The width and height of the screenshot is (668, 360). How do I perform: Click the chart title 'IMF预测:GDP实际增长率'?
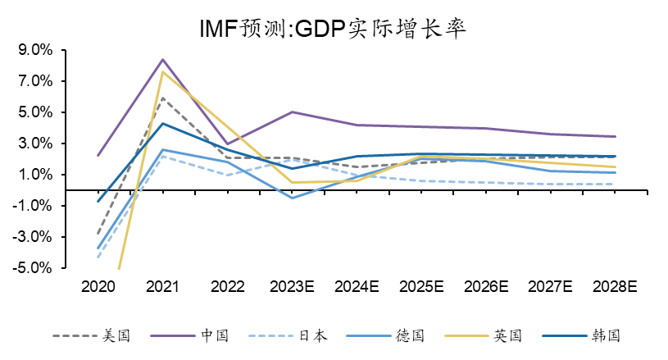tap(333, 29)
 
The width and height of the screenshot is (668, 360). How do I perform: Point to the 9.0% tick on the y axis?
tap(34, 50)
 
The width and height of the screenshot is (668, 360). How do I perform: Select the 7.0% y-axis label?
tap(34, 81)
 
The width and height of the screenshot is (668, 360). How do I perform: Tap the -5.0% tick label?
tap(33, 268)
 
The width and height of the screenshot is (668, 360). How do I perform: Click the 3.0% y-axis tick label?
tap(34, 144)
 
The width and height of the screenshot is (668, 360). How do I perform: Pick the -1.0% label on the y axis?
tap(33, 206)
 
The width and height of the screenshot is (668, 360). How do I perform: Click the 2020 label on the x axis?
tap(98, 287)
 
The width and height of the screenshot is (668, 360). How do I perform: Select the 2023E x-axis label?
tap(293, 287)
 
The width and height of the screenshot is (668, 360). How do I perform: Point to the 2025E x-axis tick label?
tap(422, 287)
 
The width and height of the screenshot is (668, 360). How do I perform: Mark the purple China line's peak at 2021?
tap(163, 59)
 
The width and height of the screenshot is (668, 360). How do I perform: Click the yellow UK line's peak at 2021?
tap(163, 71)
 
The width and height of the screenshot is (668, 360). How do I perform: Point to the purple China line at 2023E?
tap(293, 112)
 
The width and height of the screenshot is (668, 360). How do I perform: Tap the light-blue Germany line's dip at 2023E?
tap(293, 198)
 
